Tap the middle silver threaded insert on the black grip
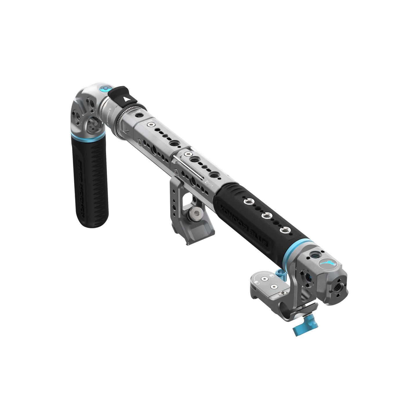(265, 216)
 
